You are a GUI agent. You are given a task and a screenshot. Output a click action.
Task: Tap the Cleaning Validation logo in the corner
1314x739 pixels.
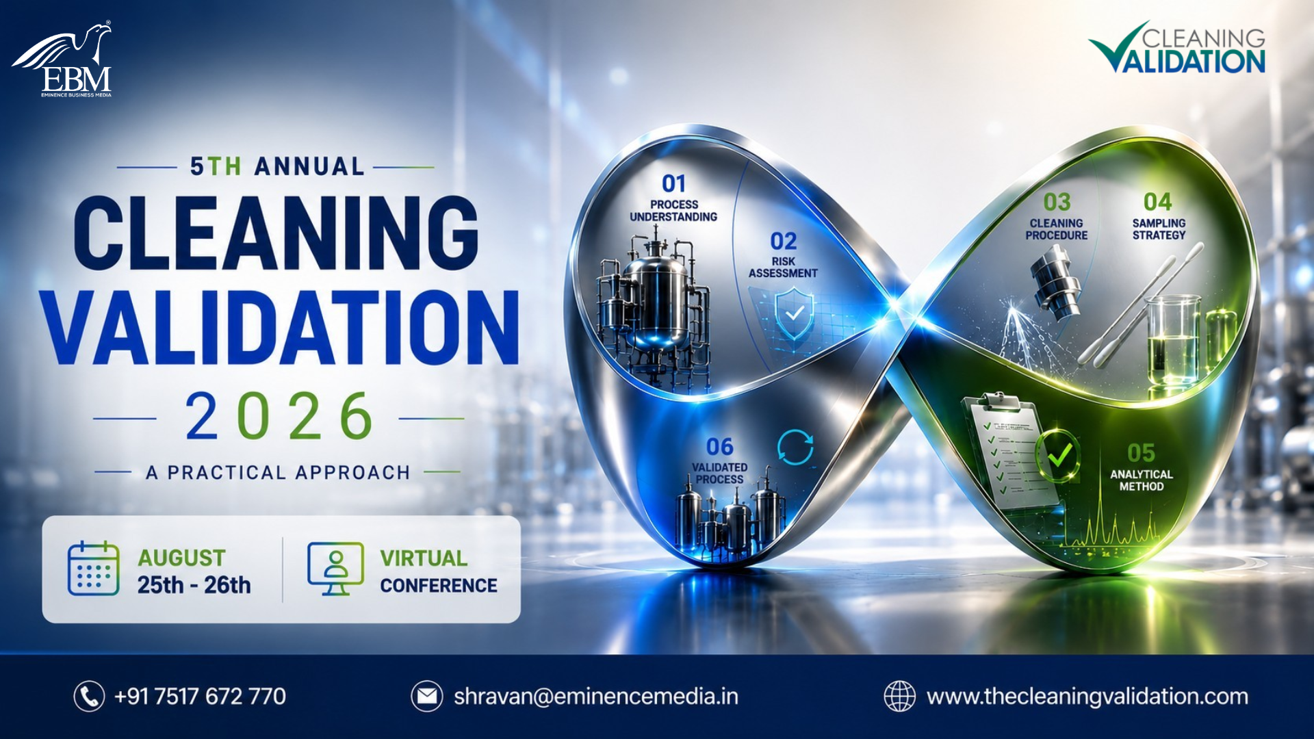[x=1176, y=47]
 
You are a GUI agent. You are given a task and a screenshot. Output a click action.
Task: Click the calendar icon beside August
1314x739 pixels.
[x=94, y=568]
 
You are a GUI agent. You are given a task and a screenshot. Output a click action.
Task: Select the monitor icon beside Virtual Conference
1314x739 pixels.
[x=335, y=568]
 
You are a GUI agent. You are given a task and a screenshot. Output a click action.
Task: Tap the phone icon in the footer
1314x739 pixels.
[x=89, y=697]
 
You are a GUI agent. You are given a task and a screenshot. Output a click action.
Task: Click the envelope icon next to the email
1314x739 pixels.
[x=427, y=697]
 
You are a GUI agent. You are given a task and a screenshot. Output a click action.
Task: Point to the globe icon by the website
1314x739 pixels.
[x=899, y=697]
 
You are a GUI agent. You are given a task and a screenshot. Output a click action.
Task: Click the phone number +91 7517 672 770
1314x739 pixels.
[x=200, y=697]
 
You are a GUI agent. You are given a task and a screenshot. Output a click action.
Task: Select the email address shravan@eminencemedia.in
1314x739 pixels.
[x=596, y=697]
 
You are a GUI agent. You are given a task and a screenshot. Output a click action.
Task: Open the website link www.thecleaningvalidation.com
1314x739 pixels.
[x=1087, y=697]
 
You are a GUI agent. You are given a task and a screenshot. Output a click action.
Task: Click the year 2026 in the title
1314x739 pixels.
[x=279, y=416]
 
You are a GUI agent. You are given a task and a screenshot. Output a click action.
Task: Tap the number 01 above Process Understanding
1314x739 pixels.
[x=673, y=183]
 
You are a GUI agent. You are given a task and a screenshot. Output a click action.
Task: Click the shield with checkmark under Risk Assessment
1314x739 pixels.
[x=795, y=314]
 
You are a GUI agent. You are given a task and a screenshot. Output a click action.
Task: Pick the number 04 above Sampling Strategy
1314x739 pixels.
[x=1158, y=202]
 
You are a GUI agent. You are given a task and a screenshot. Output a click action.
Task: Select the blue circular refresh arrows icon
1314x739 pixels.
[x=795, y=448]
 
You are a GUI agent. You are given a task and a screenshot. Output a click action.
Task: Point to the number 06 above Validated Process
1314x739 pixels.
[x=719, y=447]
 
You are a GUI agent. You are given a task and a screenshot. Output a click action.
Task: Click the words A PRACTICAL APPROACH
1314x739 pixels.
[x=278, y=473]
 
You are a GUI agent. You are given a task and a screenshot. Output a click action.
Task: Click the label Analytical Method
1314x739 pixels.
[x=1141, y=480]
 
